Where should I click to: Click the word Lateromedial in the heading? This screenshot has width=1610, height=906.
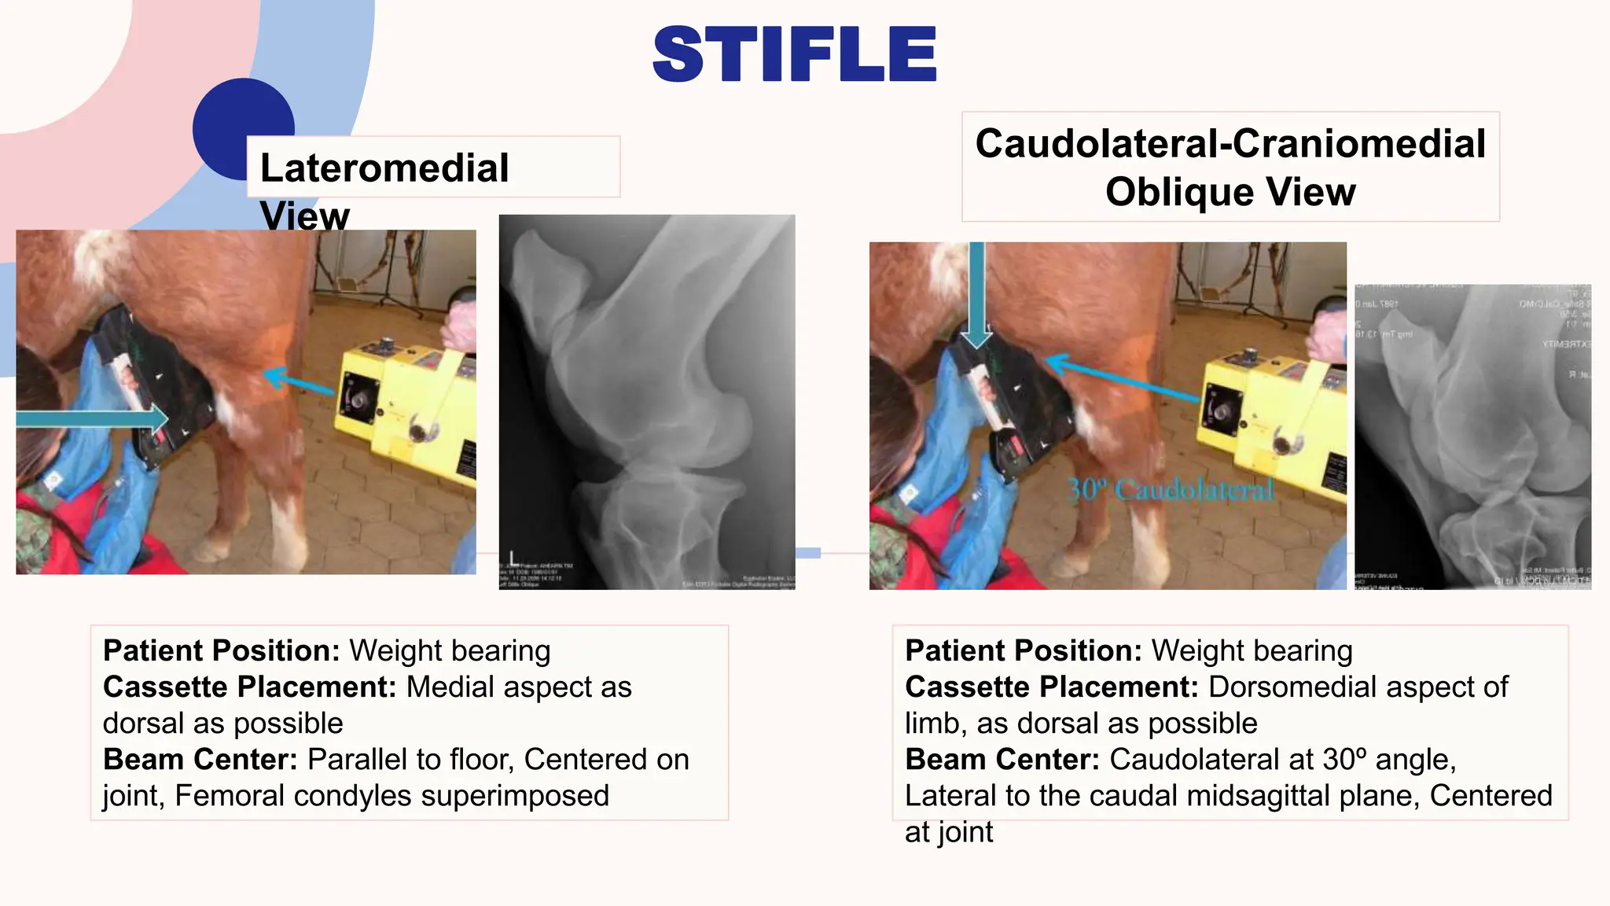point(384,168)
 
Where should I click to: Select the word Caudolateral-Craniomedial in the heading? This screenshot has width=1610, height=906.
point(1230,144)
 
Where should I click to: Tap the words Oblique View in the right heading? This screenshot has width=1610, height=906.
point(1230,192)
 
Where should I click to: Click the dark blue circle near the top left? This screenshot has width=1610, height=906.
point(236,118)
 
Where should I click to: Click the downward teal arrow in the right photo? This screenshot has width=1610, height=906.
point(976,295)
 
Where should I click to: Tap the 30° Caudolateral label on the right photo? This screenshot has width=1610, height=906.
point(1170,490)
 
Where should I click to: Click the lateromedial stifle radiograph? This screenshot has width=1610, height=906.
point(647,401)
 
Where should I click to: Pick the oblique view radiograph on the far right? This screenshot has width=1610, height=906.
point(1472,436)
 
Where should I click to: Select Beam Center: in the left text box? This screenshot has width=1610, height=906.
point(200,760)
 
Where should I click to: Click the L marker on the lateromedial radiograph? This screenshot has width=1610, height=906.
point(513,558)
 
